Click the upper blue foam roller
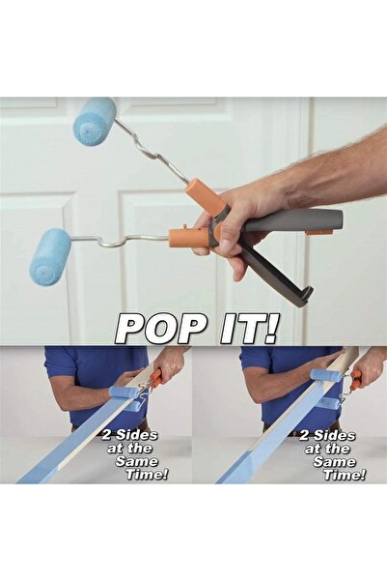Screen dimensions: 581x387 pyautogui.click(x=95, y=122)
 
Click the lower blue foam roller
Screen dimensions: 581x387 pyautogui.click(x=50, y=256)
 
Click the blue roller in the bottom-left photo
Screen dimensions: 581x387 pyautogui.click(x=124, y=392)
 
